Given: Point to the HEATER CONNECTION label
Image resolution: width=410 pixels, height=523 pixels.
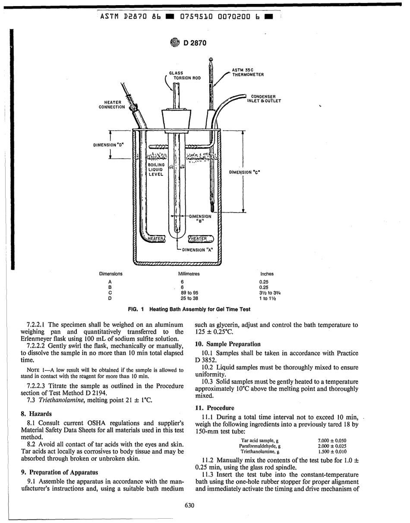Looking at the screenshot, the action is click(112, 104).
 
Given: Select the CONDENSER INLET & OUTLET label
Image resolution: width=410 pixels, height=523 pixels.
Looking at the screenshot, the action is click(264, 98).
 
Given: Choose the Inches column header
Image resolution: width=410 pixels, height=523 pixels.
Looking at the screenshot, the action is click(267, 274).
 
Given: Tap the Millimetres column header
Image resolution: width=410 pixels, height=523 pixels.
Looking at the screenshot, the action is click(189, 274).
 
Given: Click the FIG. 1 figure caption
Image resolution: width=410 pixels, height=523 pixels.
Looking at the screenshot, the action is click(189, 309).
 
